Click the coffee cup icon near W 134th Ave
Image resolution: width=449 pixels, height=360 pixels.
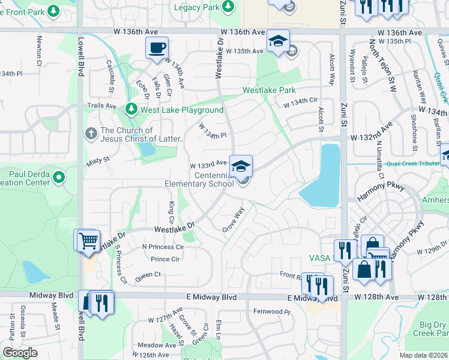(x=157, y=47)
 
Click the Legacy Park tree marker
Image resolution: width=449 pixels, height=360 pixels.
(x=228, y=7)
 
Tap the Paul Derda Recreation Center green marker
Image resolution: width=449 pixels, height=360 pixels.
(x=59, y=177)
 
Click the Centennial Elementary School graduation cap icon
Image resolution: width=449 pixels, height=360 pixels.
(x=241, y=166)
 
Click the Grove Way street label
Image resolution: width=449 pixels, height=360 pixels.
(x=234, y=220)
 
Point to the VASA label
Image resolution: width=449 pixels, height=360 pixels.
(x=320, y=257)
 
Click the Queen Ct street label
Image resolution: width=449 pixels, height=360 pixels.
(x=148, y=274)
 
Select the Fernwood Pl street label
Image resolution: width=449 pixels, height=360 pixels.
(x=272, y=312)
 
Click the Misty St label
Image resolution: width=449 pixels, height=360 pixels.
(x=98, y=160)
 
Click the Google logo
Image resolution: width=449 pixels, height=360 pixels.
(x=20, y=353)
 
